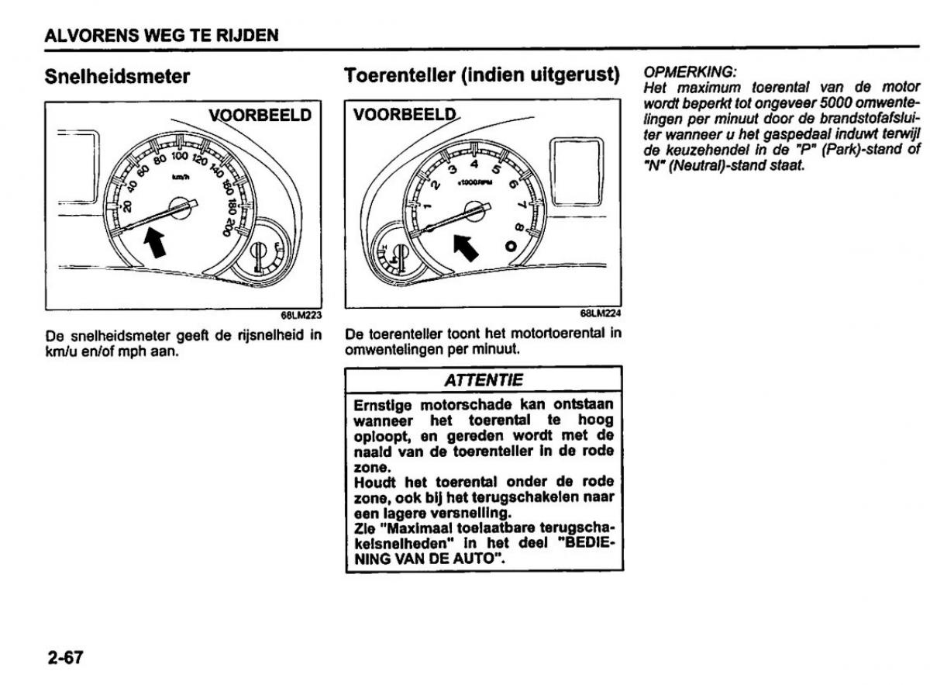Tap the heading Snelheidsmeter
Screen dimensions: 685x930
pos(118,77)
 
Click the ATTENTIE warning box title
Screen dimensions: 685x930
pos(484,380)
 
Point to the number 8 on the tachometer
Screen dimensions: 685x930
pos(519,227)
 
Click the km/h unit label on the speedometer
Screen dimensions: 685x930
pos(180,179)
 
